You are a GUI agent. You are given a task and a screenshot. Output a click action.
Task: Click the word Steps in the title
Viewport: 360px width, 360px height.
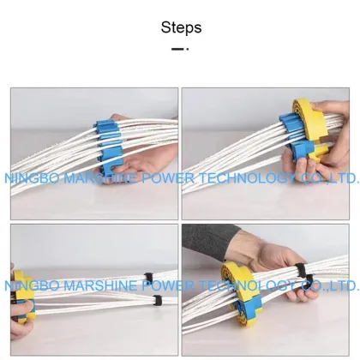[181, 27]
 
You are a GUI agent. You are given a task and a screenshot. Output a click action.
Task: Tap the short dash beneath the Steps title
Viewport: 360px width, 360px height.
[180, 49]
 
